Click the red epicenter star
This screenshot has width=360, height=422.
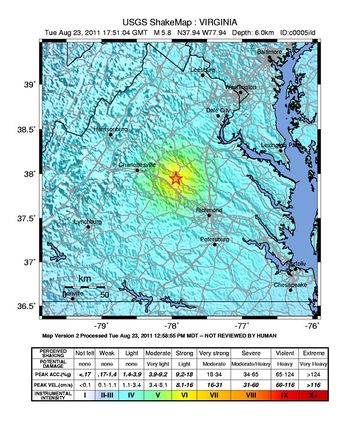coord(176,178)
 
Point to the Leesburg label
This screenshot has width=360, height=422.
coord(204,69)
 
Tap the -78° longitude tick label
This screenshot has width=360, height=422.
coord(172,325)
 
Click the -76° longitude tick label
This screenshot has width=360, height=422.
coord(312,325)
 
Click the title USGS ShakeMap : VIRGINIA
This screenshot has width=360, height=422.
coord(180,18)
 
